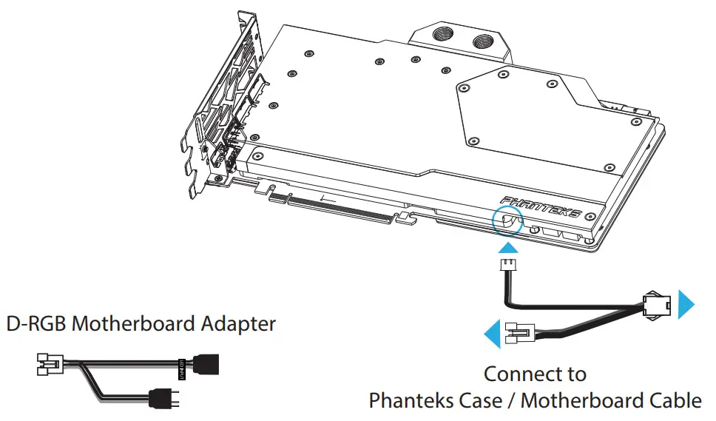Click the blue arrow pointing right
(x=686, y=303)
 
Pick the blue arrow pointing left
(x=491, y=335)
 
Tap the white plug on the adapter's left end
(x=47, y=364)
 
